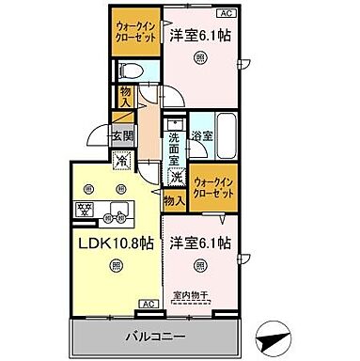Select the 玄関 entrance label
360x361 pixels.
[x=122, y=136]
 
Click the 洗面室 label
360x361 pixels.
[x=175, y=149]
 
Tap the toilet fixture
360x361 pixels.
[x=133, y=71]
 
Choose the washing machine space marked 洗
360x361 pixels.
[x=176, y=176]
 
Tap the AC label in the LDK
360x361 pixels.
[x=149, y=304]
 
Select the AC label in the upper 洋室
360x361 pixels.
[x=226, y=13]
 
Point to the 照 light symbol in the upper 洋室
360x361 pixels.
[x=200, y=57]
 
